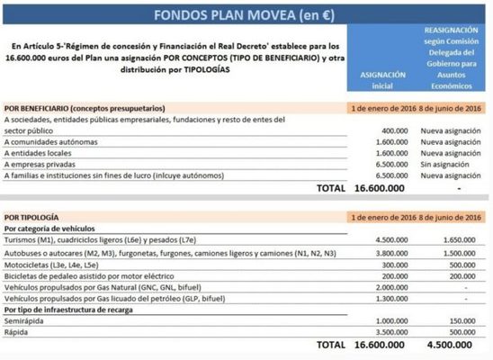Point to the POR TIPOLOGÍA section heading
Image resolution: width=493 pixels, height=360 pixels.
coord(32,217)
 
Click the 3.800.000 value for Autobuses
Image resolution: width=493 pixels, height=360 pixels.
coord(387,255)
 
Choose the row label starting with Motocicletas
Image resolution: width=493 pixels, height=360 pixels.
coord(55,266)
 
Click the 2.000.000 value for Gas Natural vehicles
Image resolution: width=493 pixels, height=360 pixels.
coord(387,286)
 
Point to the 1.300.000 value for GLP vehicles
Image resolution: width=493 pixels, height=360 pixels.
coord(387,298)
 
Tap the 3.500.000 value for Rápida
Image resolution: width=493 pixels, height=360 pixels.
coord(387,332)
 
